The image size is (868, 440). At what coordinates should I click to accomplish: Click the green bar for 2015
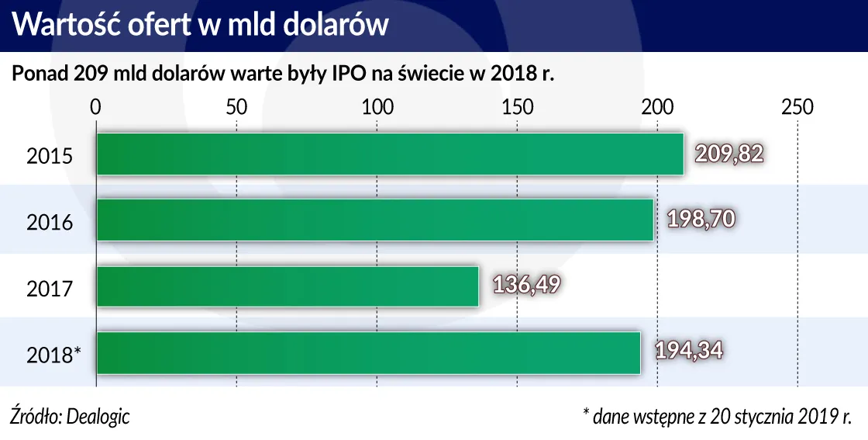(x=390, y=154)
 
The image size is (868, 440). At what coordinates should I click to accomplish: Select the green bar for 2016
(x=374, y=220)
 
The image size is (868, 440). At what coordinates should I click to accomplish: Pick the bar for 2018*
(x=368, y=352)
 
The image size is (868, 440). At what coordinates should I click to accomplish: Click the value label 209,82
(x=728, y=154)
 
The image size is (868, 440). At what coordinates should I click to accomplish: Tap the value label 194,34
(x=688, y=352)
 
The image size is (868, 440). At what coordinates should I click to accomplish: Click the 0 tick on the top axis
(x=95, y=107)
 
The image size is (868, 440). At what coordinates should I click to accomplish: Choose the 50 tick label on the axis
(x=236, y=107)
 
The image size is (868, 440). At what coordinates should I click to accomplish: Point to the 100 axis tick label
(x=377, y=107)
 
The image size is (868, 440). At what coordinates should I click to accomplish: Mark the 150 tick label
(x=517, y=107)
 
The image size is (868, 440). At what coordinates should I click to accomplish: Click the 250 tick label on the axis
(x=797, y=107)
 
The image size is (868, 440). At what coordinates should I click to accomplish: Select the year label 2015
(x=50, y=156)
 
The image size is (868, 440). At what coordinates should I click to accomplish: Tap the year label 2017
(x=50, y=289)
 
